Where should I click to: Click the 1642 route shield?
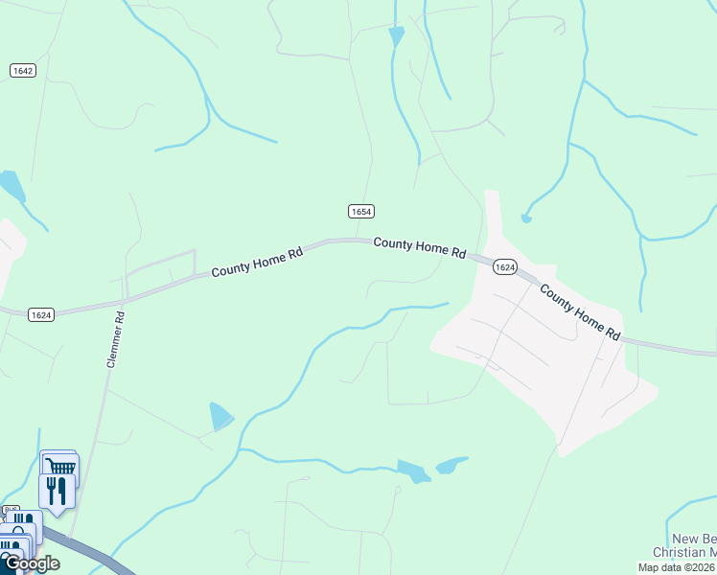[x=23, y=71]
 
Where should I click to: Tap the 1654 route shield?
[x=360, y=211]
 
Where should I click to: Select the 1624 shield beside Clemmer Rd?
[x=40, y=314]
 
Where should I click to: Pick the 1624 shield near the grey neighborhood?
[x=505, y=267]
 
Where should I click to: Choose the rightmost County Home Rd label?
[x=578, y=312]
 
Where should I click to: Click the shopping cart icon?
[x=60, y=467]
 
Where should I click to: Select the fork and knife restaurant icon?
[x=57, y=491]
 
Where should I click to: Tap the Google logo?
[x=31, y=563]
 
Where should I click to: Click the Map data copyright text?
[x=677, y=567]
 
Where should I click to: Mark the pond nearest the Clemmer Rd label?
[x=220, y=416]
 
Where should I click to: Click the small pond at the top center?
[x=396, y=35]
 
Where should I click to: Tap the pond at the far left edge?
[x=11, y=183]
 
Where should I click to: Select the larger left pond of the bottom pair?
[x=413, y=471]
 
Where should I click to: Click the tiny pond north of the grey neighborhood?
[x=526, y=218]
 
